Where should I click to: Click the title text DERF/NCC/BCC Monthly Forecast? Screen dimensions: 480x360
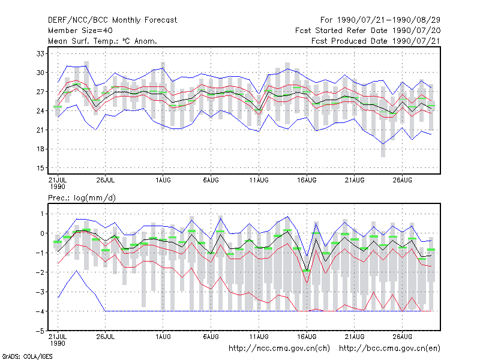pyautogui.click(x=112, y=20)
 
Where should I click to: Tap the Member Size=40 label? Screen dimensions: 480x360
pyautogui.click(x=80, y=31)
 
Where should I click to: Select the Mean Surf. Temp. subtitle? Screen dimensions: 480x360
pyautogui.click(x=103, y=41)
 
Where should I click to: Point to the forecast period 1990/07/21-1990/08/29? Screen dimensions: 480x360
pyautogui.click(x=380, y=20)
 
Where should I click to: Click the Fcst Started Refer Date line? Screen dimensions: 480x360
pyautogui.click(x=368, y=31)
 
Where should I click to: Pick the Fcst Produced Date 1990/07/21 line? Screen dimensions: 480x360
pyautogui.click(x=376, y=41)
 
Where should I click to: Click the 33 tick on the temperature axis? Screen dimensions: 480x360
pyautogui.click(x=40, y=53)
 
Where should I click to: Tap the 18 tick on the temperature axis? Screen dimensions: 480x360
pyautogui.click(x=40, y=149)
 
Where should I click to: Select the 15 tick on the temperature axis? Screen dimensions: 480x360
pyautogui.click(x=40, y=168)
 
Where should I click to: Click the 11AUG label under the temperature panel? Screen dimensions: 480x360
pyautogui.click(x=259, y=180)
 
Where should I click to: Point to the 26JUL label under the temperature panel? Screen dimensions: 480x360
pyautogui.click(x=106, y=180)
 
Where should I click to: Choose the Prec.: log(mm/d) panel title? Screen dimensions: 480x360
pyautogui.click(x=82, y=198)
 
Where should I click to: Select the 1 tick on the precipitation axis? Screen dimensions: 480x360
pyautogui.click(x=42, y=214)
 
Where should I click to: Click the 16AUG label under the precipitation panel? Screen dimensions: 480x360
pyautogui.click(x=307, y=337)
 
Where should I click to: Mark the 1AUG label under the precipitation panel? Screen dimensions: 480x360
pyautogui.click(x=163, y=337)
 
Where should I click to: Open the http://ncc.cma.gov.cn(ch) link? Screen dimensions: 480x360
pyautogui.click(x=280, y=349)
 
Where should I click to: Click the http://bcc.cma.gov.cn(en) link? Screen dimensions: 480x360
pyautogui.click(x=389, y=349)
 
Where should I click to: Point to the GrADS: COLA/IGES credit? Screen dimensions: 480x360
pyautogui.click(x=27, y=356)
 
